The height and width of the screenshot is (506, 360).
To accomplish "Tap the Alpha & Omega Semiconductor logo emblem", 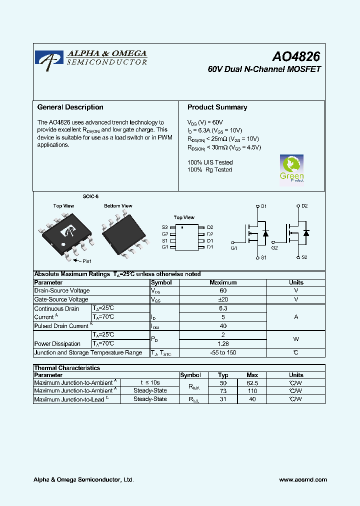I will click(x=49, y=57).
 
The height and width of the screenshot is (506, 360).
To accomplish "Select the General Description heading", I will click(x=70, y=107).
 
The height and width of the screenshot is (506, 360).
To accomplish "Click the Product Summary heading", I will click(x=217, y=107).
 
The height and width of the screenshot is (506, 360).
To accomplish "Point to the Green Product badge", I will click(x=291, y=169).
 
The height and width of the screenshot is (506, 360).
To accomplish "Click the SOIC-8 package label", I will click(x=90, y=197).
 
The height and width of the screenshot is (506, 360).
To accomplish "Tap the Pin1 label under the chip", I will click(x=86, y=261).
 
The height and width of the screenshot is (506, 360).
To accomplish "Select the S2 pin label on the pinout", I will click(x=165, y=227).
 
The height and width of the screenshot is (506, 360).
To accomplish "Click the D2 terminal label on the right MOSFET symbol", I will click(x=304, y=206).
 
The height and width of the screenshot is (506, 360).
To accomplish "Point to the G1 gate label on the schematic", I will click(x=234, y=247).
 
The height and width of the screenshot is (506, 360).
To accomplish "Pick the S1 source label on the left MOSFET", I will click(x=264, y=257).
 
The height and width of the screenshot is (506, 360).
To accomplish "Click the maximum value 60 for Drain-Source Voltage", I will click(x=223, y=290).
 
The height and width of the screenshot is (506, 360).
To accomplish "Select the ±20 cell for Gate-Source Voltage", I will click(x=223, y=299).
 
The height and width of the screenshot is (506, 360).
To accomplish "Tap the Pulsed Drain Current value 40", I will click(x=223, y=326).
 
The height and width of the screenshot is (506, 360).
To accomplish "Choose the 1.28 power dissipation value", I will click(x=223, y=343).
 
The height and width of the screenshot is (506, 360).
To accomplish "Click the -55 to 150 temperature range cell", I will click(x=223, y=352).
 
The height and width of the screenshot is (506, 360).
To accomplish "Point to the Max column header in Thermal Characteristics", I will click(x=252, y=375).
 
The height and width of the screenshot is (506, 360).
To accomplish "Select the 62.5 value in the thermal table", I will click(x=252, y=382).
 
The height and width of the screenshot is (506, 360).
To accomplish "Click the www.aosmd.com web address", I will click(x=303, y=479).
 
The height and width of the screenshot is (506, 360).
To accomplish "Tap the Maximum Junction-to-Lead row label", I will click(x=69, y=399).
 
